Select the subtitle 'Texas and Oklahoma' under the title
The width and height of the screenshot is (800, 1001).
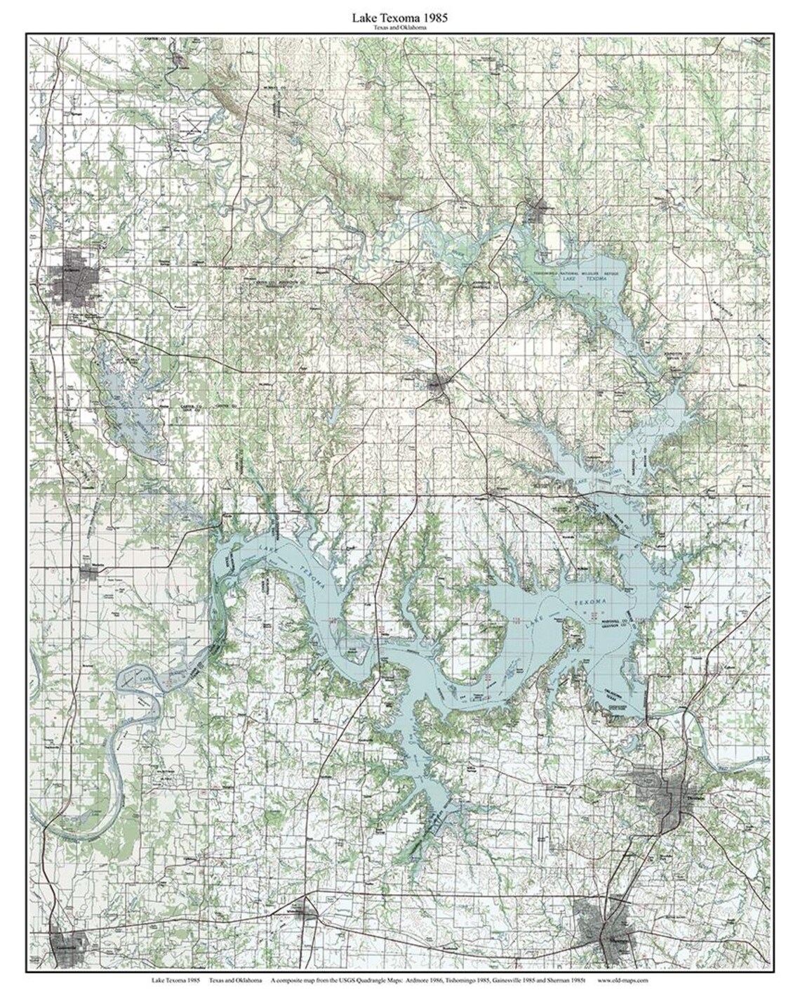[400, 28]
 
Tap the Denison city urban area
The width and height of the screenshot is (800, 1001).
[667, 794]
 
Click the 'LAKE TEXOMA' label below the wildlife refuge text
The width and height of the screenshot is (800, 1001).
[583, 279]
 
